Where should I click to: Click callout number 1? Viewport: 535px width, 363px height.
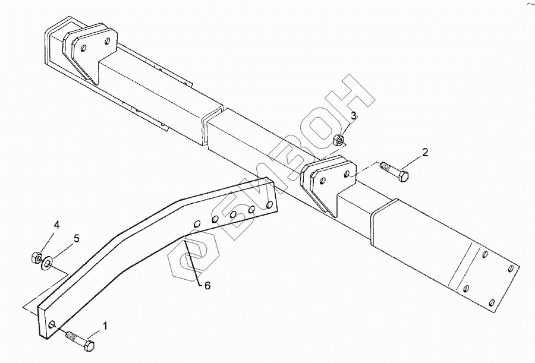[x=105, y=326]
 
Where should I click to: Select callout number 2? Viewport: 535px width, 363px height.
[x=424, y=153]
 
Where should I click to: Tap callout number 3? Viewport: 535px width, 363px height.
[x=353, y=116]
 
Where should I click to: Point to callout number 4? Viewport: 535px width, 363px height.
[x=57, y=225]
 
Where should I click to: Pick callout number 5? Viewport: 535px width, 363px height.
[x=75, y=239]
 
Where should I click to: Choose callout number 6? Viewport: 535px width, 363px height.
[x=207, y=286]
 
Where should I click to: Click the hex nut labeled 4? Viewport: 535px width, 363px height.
[x=34, y=257]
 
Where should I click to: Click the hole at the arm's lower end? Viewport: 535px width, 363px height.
[x=53, y=324]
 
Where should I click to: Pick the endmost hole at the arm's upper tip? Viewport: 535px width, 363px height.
[x=270, y=205]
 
